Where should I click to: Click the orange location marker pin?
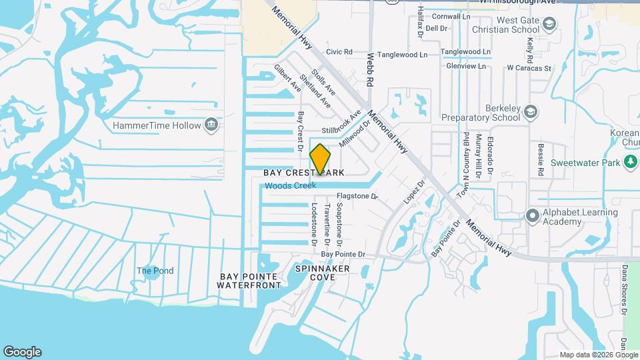(x=320, y=159)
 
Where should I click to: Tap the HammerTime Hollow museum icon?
(x=211, y=125)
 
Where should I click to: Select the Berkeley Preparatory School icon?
(x=531, y=111)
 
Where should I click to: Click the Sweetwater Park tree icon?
(x=630, y=162)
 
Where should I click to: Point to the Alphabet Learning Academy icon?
(x=532, y=216)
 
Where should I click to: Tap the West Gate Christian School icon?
(x=549, y=25)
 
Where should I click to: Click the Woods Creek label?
(x=290, y=186)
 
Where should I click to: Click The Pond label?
(x=155, y=271)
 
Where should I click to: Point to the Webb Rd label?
(x=369, y=70)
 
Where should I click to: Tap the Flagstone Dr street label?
(x=357, y=197)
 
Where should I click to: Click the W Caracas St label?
(x=529, y=68)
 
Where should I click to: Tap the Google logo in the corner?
(x=22, y=352)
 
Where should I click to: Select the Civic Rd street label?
(x=339, y=51)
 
